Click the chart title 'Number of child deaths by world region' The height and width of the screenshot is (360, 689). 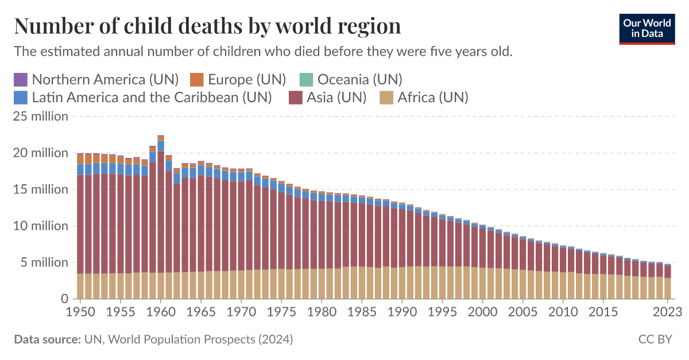click(x=207, y=26)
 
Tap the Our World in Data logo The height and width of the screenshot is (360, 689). click(x=647, y=27)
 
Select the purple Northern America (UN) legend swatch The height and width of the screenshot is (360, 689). click(x=20, y=79)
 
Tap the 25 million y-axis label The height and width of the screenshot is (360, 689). click(x=41, y=117)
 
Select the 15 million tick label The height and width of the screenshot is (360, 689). click(x=41, y=189)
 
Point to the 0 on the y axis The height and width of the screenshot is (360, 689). click(x=65, y=299)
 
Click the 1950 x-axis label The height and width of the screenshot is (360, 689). click(x=80, y=312)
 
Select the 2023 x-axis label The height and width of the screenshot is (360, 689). click(x=668, y=312)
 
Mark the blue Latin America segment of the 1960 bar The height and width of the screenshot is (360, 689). click(x=161, y=146)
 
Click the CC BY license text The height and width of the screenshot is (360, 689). click(x=655, y=339)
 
